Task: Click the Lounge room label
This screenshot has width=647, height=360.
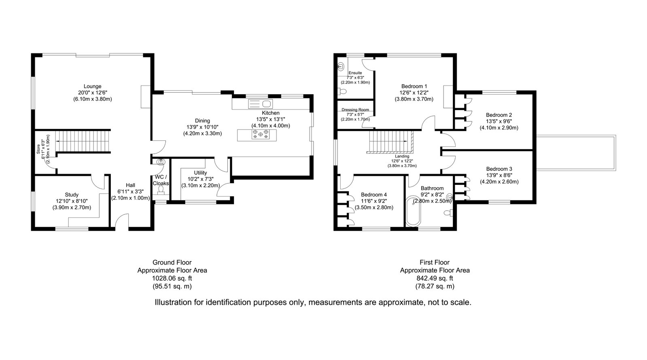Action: [x=92, y=86]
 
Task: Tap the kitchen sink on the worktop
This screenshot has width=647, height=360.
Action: [x=260, y=104]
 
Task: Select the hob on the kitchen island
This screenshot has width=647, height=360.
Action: [x=261, y=134]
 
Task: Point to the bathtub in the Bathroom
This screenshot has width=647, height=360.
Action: [x=413, y=211]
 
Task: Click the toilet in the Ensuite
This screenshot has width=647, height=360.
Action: [x=342, y=92]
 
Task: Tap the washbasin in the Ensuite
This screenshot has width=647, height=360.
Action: [x=341, y=67]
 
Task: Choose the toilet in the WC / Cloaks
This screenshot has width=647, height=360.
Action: [x=161, y=190]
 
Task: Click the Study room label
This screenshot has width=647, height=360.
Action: [x=72, y=195]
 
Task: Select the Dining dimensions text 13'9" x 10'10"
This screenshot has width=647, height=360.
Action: [x=202, y=127]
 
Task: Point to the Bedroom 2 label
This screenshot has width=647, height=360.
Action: [x=499, y=115]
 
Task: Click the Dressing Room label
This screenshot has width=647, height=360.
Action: [x=355, y=110]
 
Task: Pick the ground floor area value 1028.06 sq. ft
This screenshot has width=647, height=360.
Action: [x=172, y=278]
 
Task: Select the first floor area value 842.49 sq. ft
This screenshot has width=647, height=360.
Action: [x=435, y=278]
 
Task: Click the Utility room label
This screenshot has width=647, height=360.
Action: [x=200, y=173]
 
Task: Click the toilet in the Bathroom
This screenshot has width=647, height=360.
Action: [x=448, y=213]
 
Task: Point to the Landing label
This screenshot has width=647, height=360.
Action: [x=402, y=156]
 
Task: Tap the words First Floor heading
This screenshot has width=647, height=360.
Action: [x=435, y=263]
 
